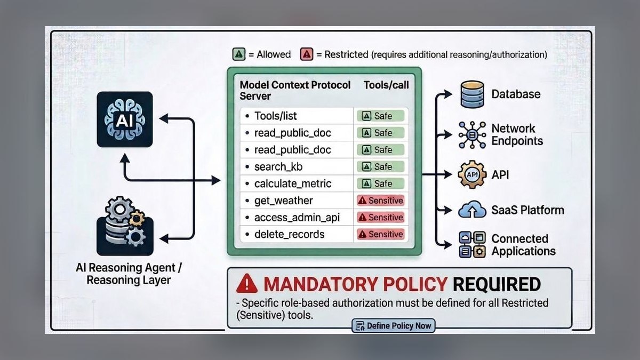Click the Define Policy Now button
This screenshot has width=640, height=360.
pos(394,326)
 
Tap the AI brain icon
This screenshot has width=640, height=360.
pos(125,119)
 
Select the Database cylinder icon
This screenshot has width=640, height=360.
pos(473,94)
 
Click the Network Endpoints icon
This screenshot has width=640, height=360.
pos(472,135)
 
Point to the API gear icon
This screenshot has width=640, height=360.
pos(472,174)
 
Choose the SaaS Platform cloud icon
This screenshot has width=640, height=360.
pos(472,210)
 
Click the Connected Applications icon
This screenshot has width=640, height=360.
pos(472,245)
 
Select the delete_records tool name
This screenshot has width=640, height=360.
pos(289,234)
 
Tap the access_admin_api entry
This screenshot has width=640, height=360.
pos(297,218)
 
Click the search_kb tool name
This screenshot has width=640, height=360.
pos(278,166)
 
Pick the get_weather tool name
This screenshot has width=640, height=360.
pos(283,201)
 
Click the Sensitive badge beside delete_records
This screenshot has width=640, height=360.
pos(381,234)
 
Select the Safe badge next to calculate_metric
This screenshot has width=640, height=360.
pos(381,183)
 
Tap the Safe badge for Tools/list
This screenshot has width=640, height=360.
pos(381,116)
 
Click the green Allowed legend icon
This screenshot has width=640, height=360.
pos(239,54)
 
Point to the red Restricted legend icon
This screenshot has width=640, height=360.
pos(307,54)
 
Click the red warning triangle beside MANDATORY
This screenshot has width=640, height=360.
pos(247,284)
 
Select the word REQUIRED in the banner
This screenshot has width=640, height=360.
pos(497,284)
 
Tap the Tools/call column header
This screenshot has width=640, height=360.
pos(386,85)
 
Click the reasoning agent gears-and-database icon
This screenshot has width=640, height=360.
pos(125,226)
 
